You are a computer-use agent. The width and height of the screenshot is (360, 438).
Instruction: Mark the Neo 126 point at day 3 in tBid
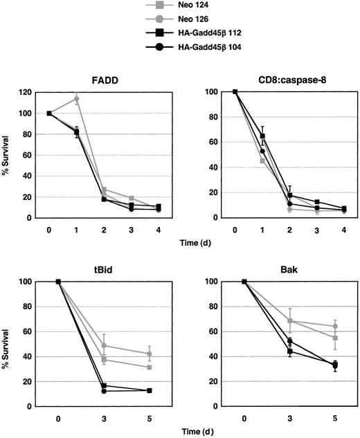click(104, 345)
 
